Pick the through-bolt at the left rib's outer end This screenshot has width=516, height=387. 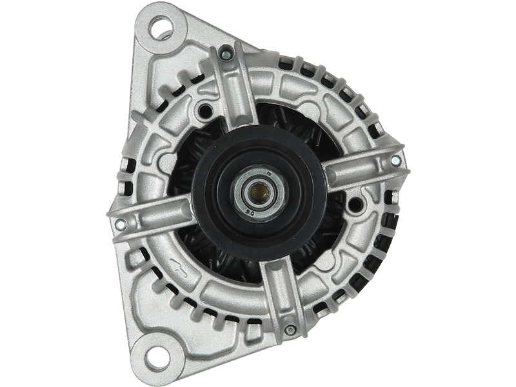click(x=120, y=224)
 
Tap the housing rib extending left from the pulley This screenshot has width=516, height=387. click(x=155, y=213)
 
